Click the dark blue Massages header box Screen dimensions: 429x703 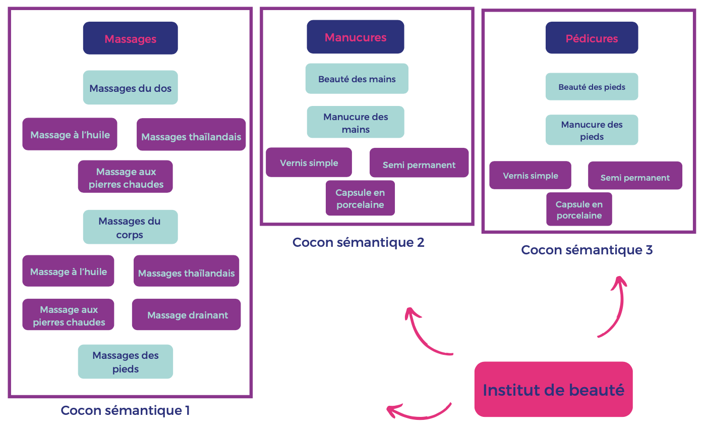click(x=130, y=38)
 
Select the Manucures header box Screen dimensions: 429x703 click(x=355, y=37)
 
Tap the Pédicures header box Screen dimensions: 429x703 click(x=592, y=38)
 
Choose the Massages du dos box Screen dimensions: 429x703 click(x=130, y=88)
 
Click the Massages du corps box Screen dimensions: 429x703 click(x=130, y=227)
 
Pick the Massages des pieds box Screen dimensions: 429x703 click(x=125, y=361)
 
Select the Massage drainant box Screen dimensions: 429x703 click(x=187, y=315)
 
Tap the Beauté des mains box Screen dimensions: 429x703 click(x=357, y=79)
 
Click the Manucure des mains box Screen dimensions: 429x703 click(x=356, y=122)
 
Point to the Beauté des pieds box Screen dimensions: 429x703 click(x=592, y=87)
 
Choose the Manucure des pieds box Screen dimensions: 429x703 click(x=592, y=130)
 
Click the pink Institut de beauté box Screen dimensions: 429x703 click(x=553, y=390)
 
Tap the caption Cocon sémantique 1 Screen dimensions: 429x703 click(x=125, y=410)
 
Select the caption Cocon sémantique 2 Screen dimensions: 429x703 click(x=358, y=242)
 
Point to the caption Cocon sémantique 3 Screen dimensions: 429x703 click(x=587, y=250)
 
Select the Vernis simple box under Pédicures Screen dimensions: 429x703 click(x=530, y=176)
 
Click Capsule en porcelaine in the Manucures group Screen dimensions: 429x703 click(x=360, y=198)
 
